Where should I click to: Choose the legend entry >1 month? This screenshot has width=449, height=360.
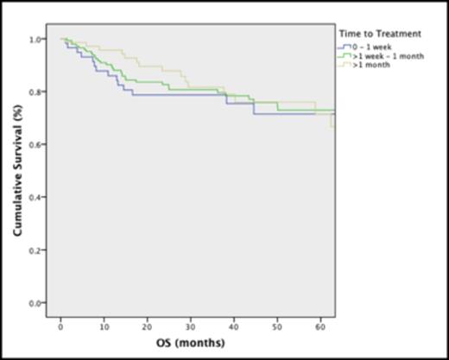366,65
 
